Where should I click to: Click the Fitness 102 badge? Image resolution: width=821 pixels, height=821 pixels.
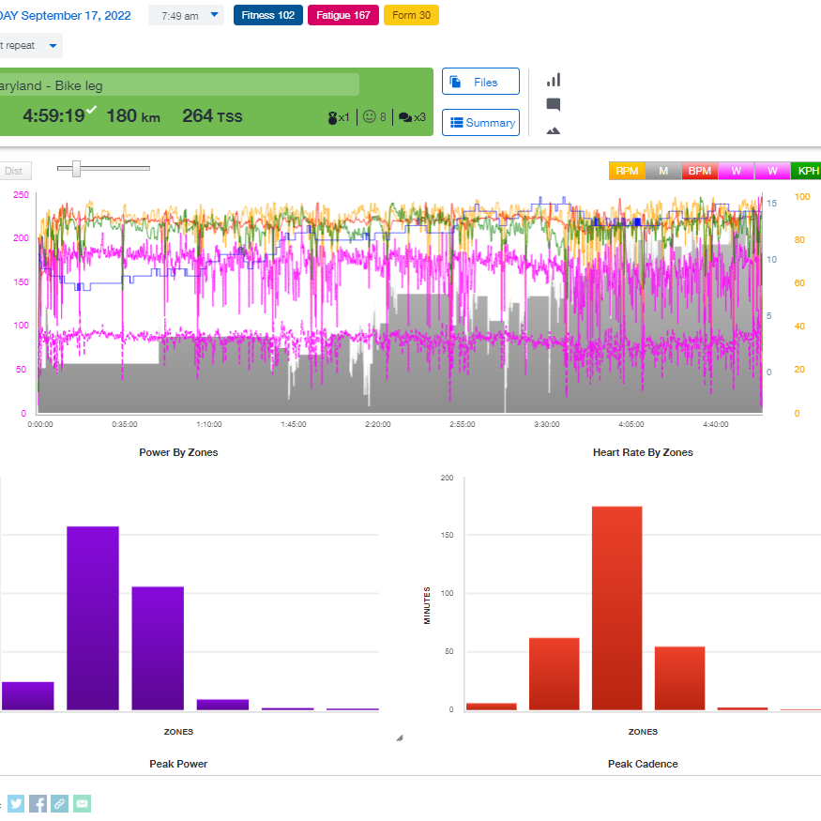267,15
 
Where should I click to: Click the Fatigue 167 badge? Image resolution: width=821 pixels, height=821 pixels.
342,15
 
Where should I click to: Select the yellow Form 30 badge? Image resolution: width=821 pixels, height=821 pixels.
411,15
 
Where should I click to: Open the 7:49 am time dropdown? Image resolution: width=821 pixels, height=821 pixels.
186,15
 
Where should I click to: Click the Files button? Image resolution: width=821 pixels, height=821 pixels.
480,82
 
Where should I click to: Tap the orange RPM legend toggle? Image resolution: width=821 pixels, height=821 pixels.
627,171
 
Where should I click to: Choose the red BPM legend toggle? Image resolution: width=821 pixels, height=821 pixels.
699,171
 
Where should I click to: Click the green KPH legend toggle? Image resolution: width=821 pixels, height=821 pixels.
807,171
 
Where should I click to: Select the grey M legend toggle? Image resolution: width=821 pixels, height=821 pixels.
663,171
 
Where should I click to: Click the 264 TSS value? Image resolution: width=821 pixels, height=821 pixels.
212,115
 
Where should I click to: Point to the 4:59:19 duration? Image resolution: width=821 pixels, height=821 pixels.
53,115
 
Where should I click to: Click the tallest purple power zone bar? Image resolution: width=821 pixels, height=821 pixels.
93,617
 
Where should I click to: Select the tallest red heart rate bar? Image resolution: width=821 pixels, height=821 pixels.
616,608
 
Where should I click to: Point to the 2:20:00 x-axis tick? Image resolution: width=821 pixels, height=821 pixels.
378,424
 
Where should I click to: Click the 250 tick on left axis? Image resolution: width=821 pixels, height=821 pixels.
19,195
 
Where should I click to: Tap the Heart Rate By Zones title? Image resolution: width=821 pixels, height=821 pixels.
643,452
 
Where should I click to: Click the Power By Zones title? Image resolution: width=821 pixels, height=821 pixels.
178,452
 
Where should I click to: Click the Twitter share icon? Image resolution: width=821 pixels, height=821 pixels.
16,803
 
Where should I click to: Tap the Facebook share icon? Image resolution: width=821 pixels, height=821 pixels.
38,803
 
